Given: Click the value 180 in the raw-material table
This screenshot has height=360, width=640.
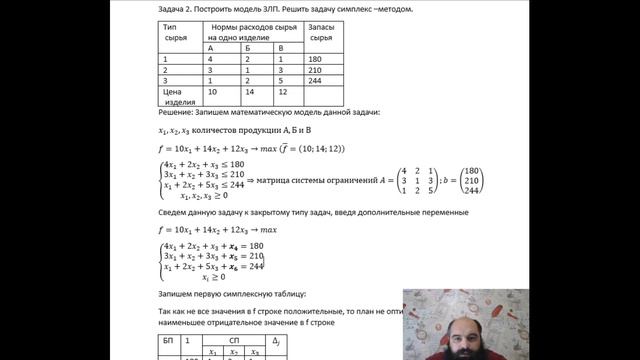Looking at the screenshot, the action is pos(316,60).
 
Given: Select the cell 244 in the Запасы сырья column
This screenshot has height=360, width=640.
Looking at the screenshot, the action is pos(316,84).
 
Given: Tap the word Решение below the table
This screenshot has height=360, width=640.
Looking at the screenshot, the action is pos(177,113).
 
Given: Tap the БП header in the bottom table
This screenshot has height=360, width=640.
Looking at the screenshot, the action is pos(169,340).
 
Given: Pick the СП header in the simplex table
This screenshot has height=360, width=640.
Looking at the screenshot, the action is pos(235,340).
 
